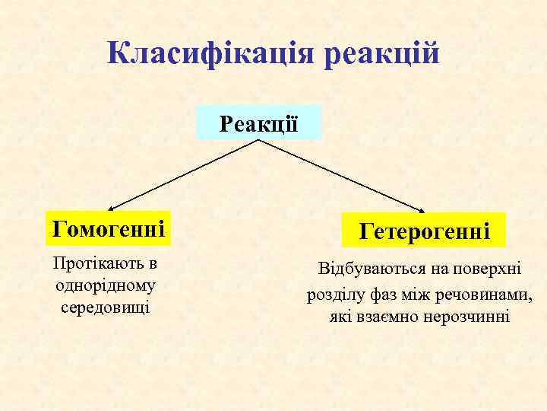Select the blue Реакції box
tap(259, 123)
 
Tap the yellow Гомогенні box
tap(108, 228)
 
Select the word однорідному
tap(106, 285)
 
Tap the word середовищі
tap(106, 307)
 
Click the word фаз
tap(380, 293)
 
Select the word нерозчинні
tap(467, 316)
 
